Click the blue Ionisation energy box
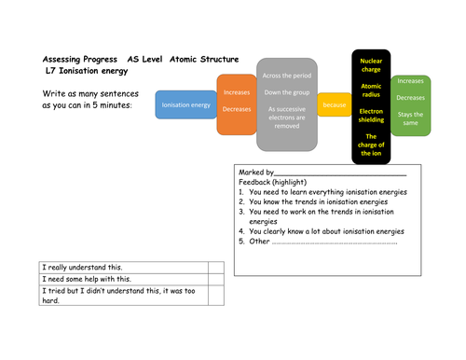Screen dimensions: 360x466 point(185,105)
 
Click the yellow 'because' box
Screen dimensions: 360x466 point(334,105)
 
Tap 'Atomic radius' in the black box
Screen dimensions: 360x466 point(371,91)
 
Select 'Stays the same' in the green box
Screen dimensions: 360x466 point(410,118)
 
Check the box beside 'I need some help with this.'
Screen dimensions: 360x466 point(215,280)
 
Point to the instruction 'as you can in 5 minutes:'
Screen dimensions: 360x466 point(88,105)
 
